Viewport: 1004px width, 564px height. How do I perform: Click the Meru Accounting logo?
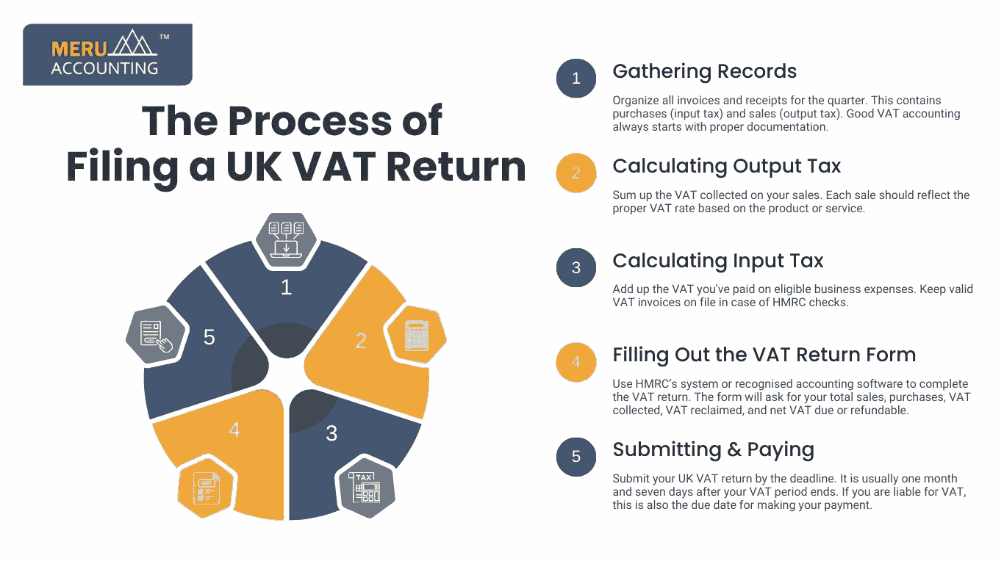tap(107, 54)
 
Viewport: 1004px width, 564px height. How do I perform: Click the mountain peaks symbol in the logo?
tap(134, 43)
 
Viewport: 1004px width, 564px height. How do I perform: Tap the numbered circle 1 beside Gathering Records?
tap(576, 79)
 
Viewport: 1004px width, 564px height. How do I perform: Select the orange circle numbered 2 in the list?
tap(576, 173)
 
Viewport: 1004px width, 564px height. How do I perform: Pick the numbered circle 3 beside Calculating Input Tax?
tap(576, 267)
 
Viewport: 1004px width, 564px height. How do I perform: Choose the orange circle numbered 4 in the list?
tap(576, 362)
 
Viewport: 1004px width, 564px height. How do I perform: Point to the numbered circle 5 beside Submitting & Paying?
tap(576, 457)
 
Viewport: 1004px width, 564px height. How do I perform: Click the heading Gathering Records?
tap(704, 71)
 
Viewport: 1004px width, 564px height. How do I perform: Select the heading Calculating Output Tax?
tap(727, 166)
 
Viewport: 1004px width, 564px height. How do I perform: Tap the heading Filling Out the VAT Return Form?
tap(764, 355)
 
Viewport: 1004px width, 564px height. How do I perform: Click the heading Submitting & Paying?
tap(713, 449)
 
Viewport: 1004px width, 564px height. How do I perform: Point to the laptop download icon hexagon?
tap(287, 241)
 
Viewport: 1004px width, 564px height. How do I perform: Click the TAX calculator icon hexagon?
tap(366, 488)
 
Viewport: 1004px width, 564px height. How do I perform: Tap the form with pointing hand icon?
tap(156, 335)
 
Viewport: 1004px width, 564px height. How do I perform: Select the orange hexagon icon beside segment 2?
tap(417, 335)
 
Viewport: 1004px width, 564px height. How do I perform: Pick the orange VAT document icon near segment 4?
tap(206, 488)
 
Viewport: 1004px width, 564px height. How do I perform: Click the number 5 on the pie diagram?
tap(209, 337)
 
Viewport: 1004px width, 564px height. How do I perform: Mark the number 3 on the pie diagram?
tap(331, 433)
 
